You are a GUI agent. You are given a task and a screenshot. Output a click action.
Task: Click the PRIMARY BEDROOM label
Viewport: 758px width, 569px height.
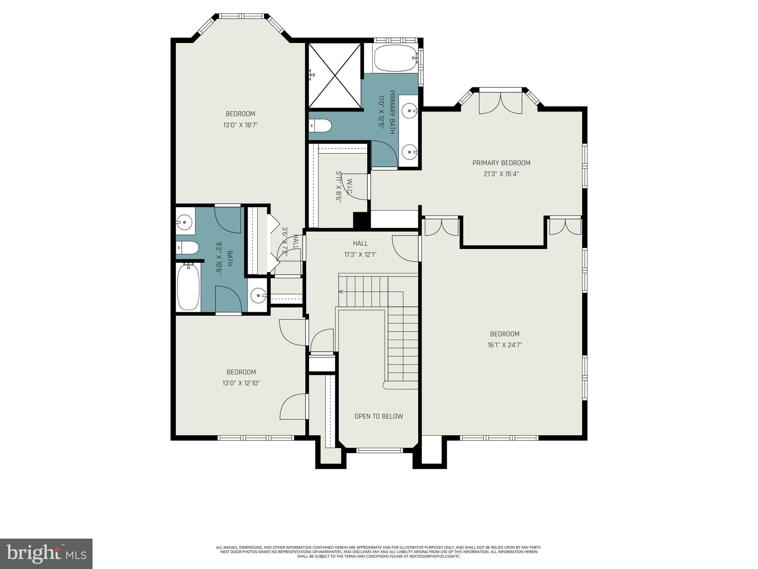501,163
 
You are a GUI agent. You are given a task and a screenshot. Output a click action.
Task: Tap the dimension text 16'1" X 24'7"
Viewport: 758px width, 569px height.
504,345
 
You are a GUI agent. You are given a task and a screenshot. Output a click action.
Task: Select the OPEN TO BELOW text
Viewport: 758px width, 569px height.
379,416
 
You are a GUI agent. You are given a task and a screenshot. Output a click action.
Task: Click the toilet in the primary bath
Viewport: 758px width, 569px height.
320,126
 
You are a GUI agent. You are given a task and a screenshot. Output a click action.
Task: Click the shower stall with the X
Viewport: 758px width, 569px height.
335,76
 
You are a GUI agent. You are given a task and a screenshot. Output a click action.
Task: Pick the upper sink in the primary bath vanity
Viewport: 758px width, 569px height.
410,110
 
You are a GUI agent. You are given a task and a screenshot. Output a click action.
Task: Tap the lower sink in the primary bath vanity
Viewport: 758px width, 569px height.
410,152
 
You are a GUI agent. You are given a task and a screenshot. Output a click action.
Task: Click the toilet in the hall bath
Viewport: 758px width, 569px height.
187,247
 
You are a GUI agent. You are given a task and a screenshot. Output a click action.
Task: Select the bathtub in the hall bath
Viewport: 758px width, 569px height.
188,287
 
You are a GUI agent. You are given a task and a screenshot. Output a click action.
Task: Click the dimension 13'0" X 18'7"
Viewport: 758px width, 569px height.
240,125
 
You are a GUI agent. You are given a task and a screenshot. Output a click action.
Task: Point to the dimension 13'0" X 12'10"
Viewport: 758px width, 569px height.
241,383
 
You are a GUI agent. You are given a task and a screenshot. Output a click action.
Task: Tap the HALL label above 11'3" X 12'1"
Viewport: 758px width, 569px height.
360,243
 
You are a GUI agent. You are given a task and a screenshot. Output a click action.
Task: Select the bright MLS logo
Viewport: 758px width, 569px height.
46,554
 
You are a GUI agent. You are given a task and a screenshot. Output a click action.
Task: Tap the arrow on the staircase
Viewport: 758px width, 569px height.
341,292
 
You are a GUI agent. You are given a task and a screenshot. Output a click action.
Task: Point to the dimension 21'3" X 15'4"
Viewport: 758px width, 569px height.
501,174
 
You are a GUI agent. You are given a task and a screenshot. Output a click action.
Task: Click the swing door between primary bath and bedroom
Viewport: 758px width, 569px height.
385,154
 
